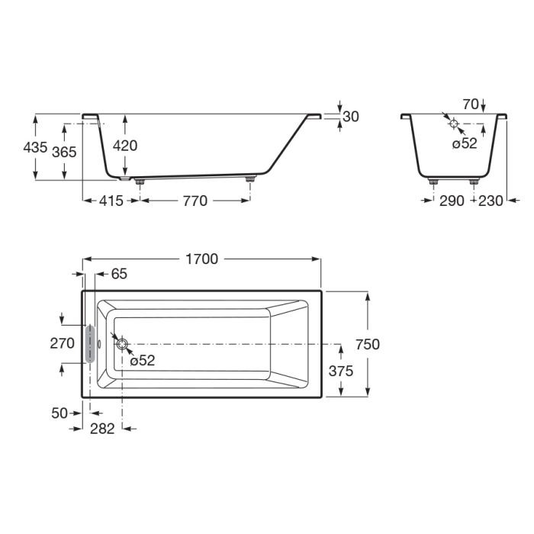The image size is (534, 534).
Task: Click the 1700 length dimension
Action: tap(201, 259)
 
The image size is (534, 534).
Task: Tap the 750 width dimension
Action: tap(368, 344)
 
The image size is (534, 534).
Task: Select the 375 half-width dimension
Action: tap(341, 371)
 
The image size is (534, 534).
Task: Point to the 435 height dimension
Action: tap(35, 147)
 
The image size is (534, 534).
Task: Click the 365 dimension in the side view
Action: tap(64, 152)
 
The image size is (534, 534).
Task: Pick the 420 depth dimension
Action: tap(125, 146)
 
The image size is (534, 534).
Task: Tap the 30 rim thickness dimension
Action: tap(351, 117)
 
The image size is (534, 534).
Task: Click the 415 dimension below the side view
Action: tap(111, 201)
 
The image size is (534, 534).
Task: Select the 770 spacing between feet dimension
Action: tap(195, 201)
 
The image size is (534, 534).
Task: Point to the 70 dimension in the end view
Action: tap(471, 105)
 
